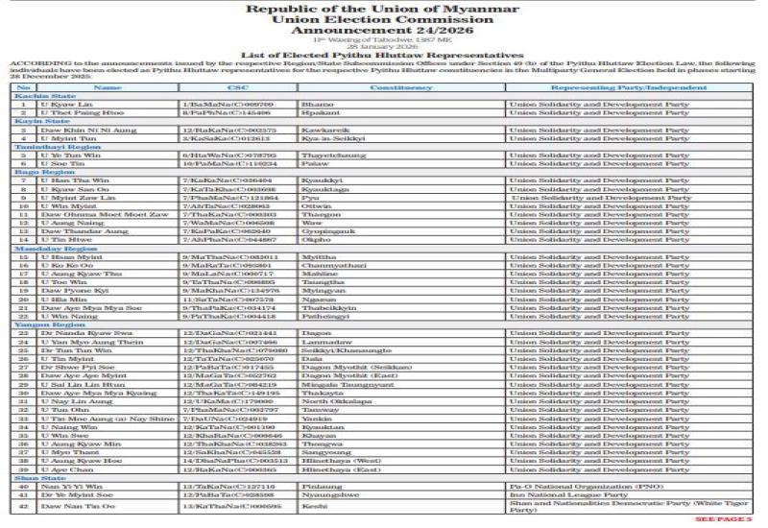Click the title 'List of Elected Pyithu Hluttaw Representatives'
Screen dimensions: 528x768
383,57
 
